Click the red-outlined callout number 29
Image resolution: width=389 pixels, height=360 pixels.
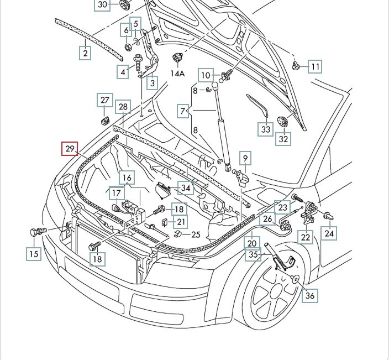click(x=70, y=149)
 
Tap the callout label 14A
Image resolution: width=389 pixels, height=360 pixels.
click(x=177, y=73)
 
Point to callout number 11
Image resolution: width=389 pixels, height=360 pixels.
click(x=314, y=67)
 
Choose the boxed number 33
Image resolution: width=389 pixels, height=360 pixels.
click(x=266, y=129)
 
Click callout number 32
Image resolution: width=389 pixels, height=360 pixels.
click(x=283, y=139)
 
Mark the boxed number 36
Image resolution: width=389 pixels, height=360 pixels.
click(x=310, y=296)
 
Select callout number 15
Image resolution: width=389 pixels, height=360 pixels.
click(x=34, y=254)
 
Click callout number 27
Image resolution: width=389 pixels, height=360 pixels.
click(x=105, y=100)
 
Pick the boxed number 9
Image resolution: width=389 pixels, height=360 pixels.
click(x=245, y=159)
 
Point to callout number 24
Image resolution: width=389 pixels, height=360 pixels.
click(x=329, y=234)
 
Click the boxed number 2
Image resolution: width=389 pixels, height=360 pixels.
click(x=85, y=53)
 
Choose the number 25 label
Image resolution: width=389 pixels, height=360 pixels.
click(x=196, y=234)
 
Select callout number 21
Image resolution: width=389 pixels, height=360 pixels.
click(x=181, y=222)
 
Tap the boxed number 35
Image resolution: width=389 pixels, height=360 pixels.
click(x=253, y=255)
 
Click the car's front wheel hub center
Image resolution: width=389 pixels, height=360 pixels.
click(x=275, y=299)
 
